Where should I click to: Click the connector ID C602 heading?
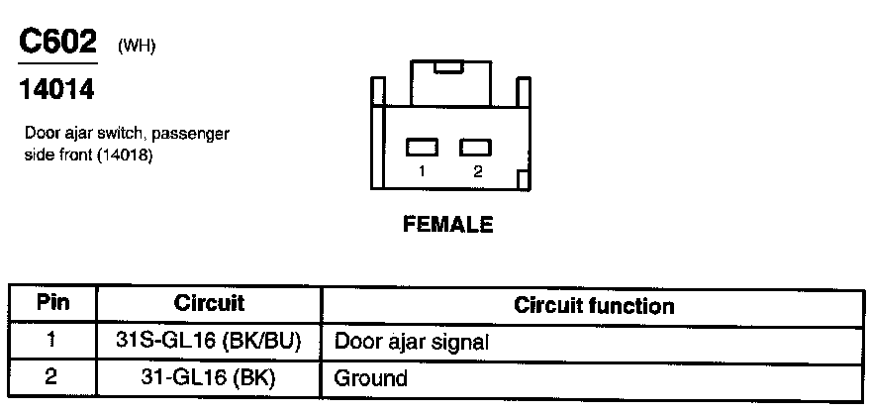(x=57, y=43)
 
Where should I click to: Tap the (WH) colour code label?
(x=137, y=46)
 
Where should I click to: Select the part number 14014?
(x=56, y=90)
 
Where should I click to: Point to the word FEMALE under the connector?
(x=447, y=224)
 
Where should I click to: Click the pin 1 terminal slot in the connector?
(x=422, y=147)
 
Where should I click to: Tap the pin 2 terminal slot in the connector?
(x=476, y=147)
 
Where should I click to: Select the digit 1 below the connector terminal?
(x=422, y=171)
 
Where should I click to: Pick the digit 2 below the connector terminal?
(x=477, y=171)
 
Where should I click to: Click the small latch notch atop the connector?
(x=448, y=67)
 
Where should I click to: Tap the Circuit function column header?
(x=594, y=305)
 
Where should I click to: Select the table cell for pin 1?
(x=52, y=341)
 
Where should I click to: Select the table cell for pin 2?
(x=52, y=376)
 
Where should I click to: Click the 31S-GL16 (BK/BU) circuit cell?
(x=209, y=342)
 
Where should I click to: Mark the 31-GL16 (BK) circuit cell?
(x=209, y=377)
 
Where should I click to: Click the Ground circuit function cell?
(x=371, y=378)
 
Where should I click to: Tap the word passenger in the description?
(x=201, y=133)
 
